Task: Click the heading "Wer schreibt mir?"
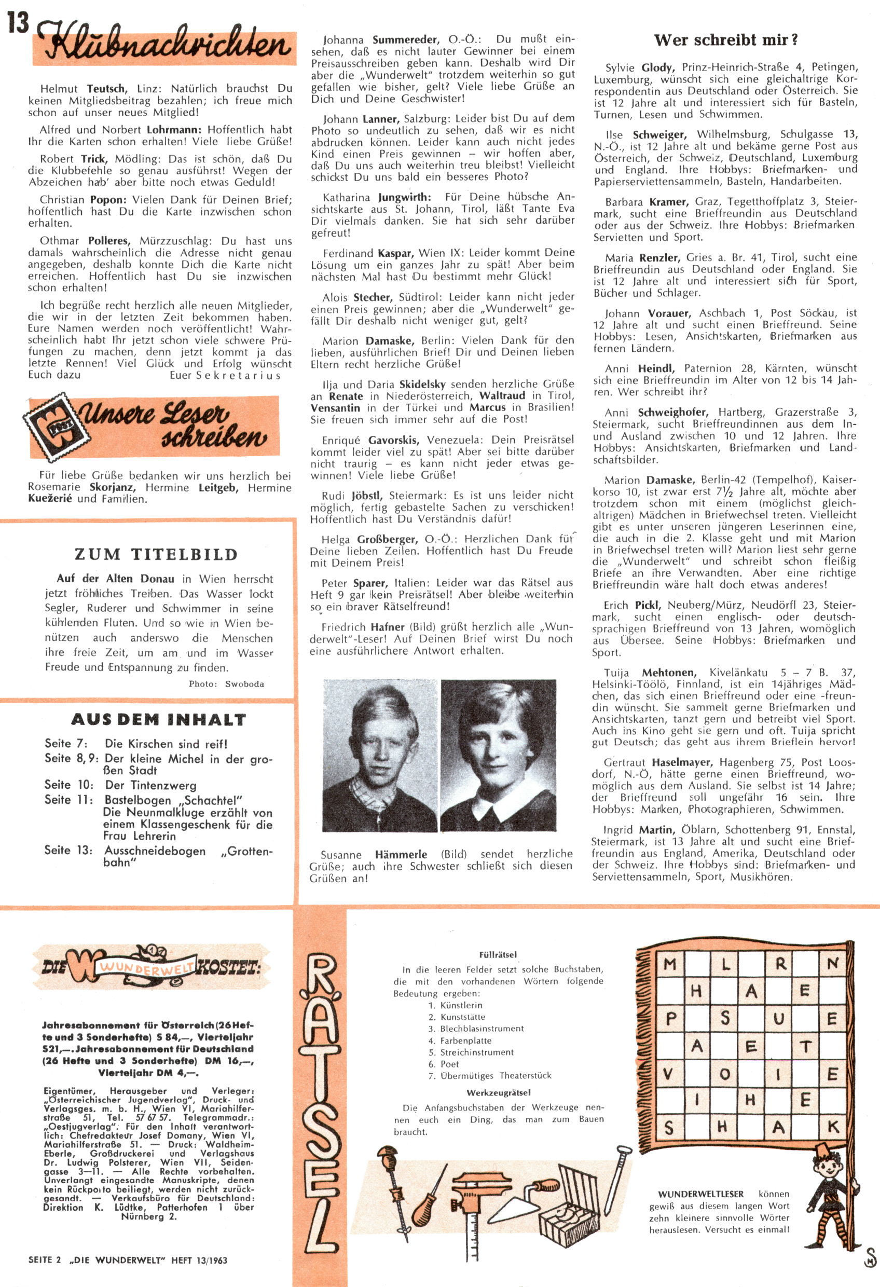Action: pos(725,40)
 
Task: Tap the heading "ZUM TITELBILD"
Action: pos(156,554)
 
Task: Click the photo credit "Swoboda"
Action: pos(244,684)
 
